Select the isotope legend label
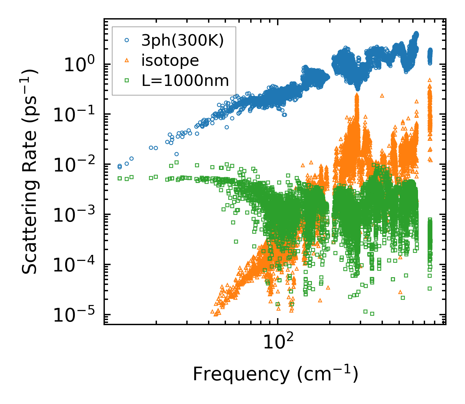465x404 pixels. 170,60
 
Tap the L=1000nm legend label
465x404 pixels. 185,81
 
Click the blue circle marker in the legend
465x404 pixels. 127,40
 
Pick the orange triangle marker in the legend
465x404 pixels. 127,60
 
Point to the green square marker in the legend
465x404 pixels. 127,81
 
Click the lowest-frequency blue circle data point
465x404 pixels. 120,166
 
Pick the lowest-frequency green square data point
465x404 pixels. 120,178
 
